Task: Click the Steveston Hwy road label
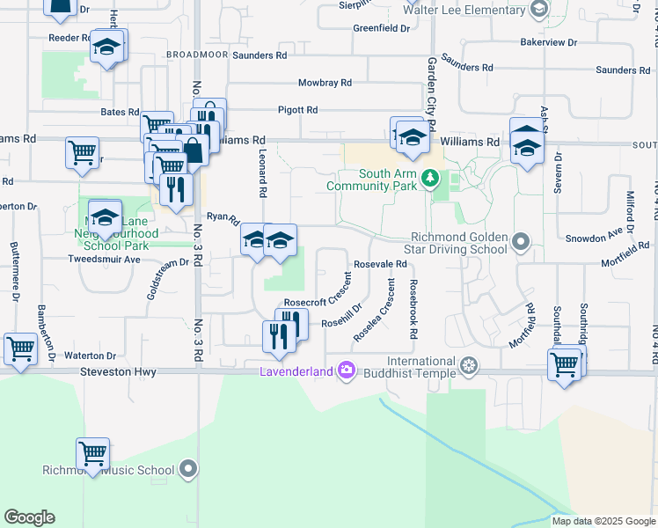[x=119, y=373]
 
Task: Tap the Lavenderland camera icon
[x=346, y=370]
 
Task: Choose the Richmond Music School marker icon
[x=187, y=470]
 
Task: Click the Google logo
[x=29, y=517]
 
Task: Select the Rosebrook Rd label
[x=411, y=310]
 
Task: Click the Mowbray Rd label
[x=325, y=83]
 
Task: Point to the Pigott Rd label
[x=299, y=110]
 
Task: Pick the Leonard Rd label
[x=262, y=172]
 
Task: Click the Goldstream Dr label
[x=168, y=280]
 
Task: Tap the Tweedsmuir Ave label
[x=106, y=260]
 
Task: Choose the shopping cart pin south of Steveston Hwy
[x=92, y=453]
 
